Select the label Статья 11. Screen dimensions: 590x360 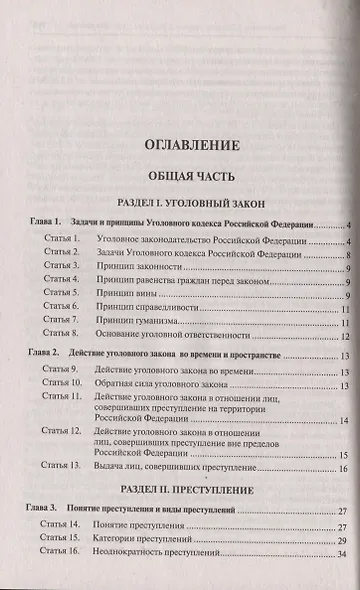pos(61,398)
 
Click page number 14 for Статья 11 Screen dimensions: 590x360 pos(342,421)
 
